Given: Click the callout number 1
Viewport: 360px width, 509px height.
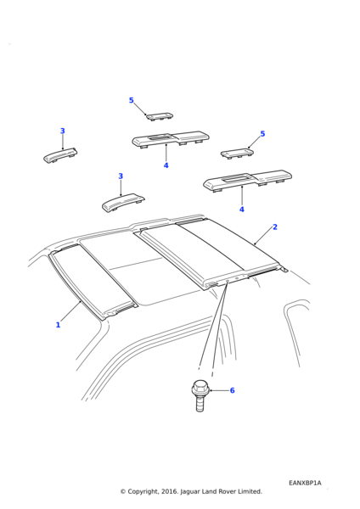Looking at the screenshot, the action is click(58, 325).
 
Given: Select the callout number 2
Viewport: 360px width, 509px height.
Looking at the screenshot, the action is click(275, 227).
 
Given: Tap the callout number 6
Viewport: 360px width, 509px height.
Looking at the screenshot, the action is click(233, 390).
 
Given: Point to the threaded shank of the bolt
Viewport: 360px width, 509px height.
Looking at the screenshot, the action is click(200, 403).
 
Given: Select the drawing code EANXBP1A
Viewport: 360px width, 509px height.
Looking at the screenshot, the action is click(305, 483).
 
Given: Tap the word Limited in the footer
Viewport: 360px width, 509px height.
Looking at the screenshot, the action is click(250, 491).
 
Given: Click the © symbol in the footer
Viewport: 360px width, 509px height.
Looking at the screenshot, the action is click(123, 492).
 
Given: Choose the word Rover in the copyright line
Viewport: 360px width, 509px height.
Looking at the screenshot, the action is click(228, 491).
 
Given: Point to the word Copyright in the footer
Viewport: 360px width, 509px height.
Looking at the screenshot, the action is click(143, 492).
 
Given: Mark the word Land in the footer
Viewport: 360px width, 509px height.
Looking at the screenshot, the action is click(209, 491).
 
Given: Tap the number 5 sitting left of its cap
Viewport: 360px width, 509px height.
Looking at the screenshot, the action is click(132, 100).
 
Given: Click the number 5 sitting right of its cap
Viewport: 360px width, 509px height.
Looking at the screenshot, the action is click(262, 134).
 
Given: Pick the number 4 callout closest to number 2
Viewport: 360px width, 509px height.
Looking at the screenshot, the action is click(242, 210).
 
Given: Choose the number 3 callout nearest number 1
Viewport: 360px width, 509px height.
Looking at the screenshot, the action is click(121, 176).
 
